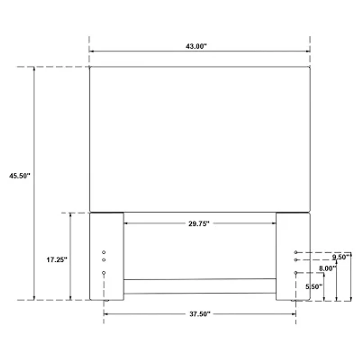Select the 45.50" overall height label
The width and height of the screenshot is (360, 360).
click(19, 176)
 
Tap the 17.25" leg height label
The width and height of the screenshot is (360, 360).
click(57, 260)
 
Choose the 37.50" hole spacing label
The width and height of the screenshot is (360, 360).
click(199, 315)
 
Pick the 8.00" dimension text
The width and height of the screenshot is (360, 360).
click(327, 268)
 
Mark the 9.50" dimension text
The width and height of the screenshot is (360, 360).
click(341, 257)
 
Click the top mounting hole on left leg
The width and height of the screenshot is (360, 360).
click(103, 252)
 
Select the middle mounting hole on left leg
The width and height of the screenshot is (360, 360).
click(103, 260)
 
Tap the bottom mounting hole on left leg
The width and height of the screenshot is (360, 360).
click(103, 273)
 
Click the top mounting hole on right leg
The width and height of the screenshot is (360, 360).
click(296, 252)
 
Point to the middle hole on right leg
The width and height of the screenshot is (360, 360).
click(296, 260)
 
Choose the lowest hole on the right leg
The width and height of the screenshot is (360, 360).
click(296, 273)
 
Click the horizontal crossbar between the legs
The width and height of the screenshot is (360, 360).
click(199, 286)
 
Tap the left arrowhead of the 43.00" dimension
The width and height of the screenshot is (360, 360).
click(92, 51)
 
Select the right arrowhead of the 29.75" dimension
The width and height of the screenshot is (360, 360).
click(273, 223)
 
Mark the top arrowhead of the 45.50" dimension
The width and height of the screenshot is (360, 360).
click(34, 69)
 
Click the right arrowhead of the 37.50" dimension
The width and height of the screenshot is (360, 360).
click(293, 314)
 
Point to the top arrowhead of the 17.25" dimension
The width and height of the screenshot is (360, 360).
click(70, 215)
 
